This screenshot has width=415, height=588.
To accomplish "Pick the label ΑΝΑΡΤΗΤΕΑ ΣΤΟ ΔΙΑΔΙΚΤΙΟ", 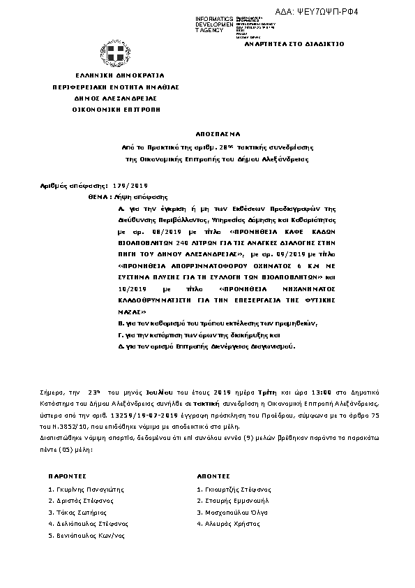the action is click(x=305, y=43).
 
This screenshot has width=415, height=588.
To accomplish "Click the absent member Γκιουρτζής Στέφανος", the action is click(x=236, y=489).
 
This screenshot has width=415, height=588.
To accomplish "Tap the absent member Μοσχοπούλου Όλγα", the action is click(x=236, y=512).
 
